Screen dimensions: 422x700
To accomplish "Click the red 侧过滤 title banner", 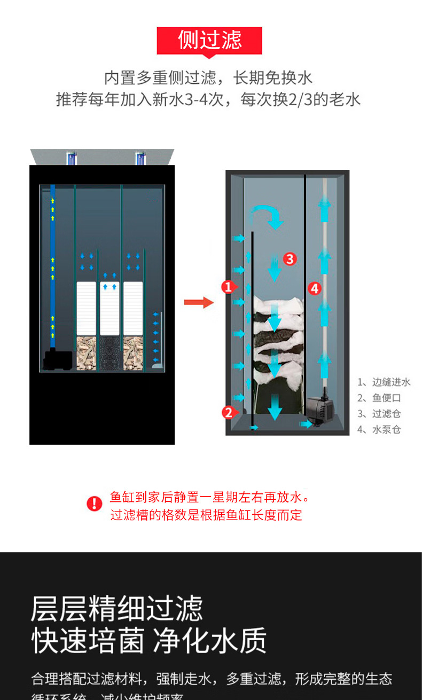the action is pyautogui.click(x=209, y=41).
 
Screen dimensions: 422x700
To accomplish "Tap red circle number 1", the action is pyautogui.click(x=228, y=287).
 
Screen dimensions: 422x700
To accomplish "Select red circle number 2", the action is pyautogui.click(x=228, y=412).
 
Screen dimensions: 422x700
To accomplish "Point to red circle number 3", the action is pyautogui.click(x=289, y=259).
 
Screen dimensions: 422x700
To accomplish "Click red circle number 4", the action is pyautogui.click(x=315, y=288).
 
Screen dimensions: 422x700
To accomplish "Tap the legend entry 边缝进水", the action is pyautogui.click(x=384, y=382).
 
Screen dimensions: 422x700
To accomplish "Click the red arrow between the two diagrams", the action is pyautogui.click(x=198, y=303).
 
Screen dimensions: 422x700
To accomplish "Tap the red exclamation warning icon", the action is pyautogui.click(x=95, y=503).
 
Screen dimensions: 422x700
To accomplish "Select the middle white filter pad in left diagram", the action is pyautogui.click(x=110, y=308).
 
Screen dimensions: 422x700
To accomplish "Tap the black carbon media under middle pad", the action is pyautogui.click(x=110, y=353).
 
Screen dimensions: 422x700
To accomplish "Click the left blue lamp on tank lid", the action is pyautogui.click(x=71, y=158).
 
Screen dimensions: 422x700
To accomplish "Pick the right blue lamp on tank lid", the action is pyautogui.click(x=140, y=158).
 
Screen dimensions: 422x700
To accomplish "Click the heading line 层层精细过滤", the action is pyautogui.click(x=116, y=608).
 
